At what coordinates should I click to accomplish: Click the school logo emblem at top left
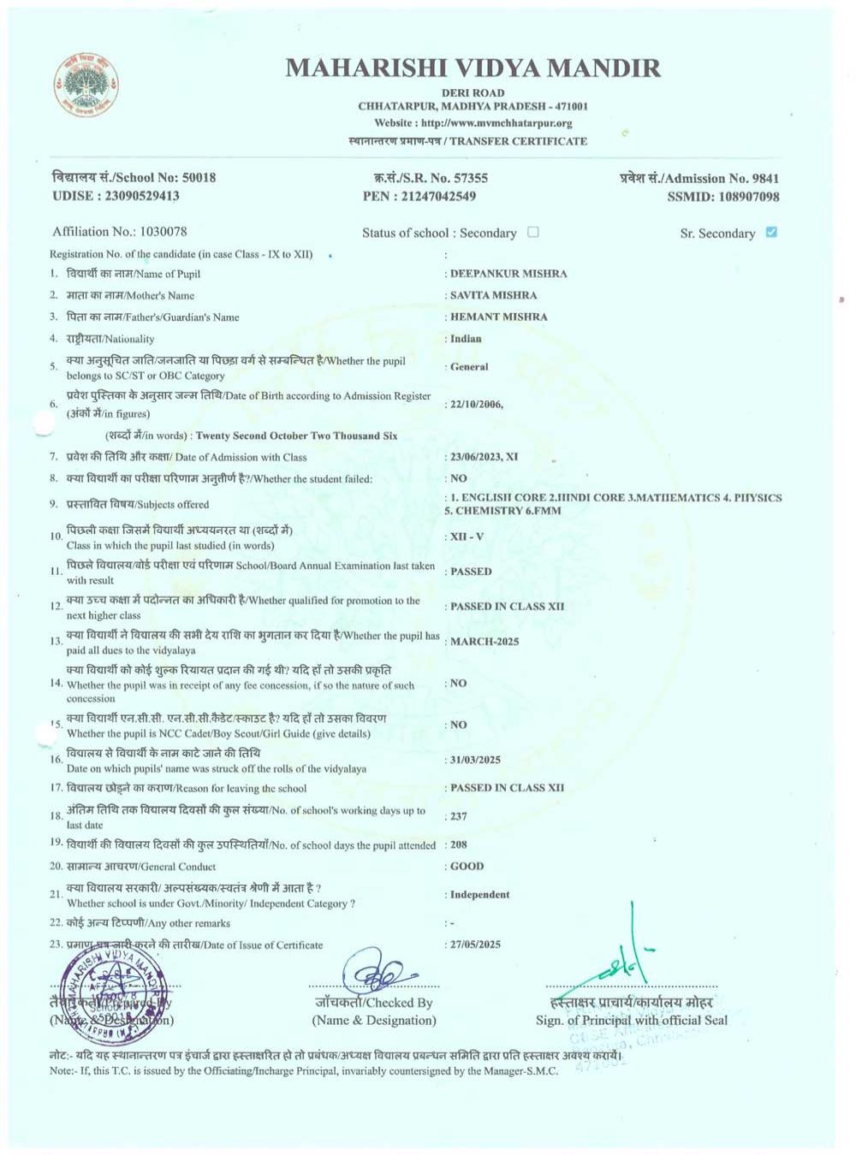click(x=86, y=86)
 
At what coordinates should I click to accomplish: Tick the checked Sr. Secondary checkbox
click(x=771, y=232)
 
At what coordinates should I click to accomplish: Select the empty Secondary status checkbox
click(x=533, y=232)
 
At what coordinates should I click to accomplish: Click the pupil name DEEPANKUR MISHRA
click(x=508, y=274)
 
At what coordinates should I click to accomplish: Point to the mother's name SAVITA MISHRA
click(x=494, y=295)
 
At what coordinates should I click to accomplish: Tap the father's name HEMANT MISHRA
click(x=499, y=317)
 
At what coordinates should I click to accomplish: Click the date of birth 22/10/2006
click(x=476, y=404)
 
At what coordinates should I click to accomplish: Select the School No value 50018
click(x=199, y=178)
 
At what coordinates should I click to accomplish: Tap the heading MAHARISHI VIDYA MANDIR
click(x=473, y=68)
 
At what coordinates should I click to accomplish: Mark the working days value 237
click(x=459, y=816)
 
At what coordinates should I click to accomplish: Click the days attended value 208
click(x=459, y=844)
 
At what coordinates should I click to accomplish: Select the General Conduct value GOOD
click(x=467, y=866)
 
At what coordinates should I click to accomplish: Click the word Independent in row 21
click(x=479, y=894)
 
